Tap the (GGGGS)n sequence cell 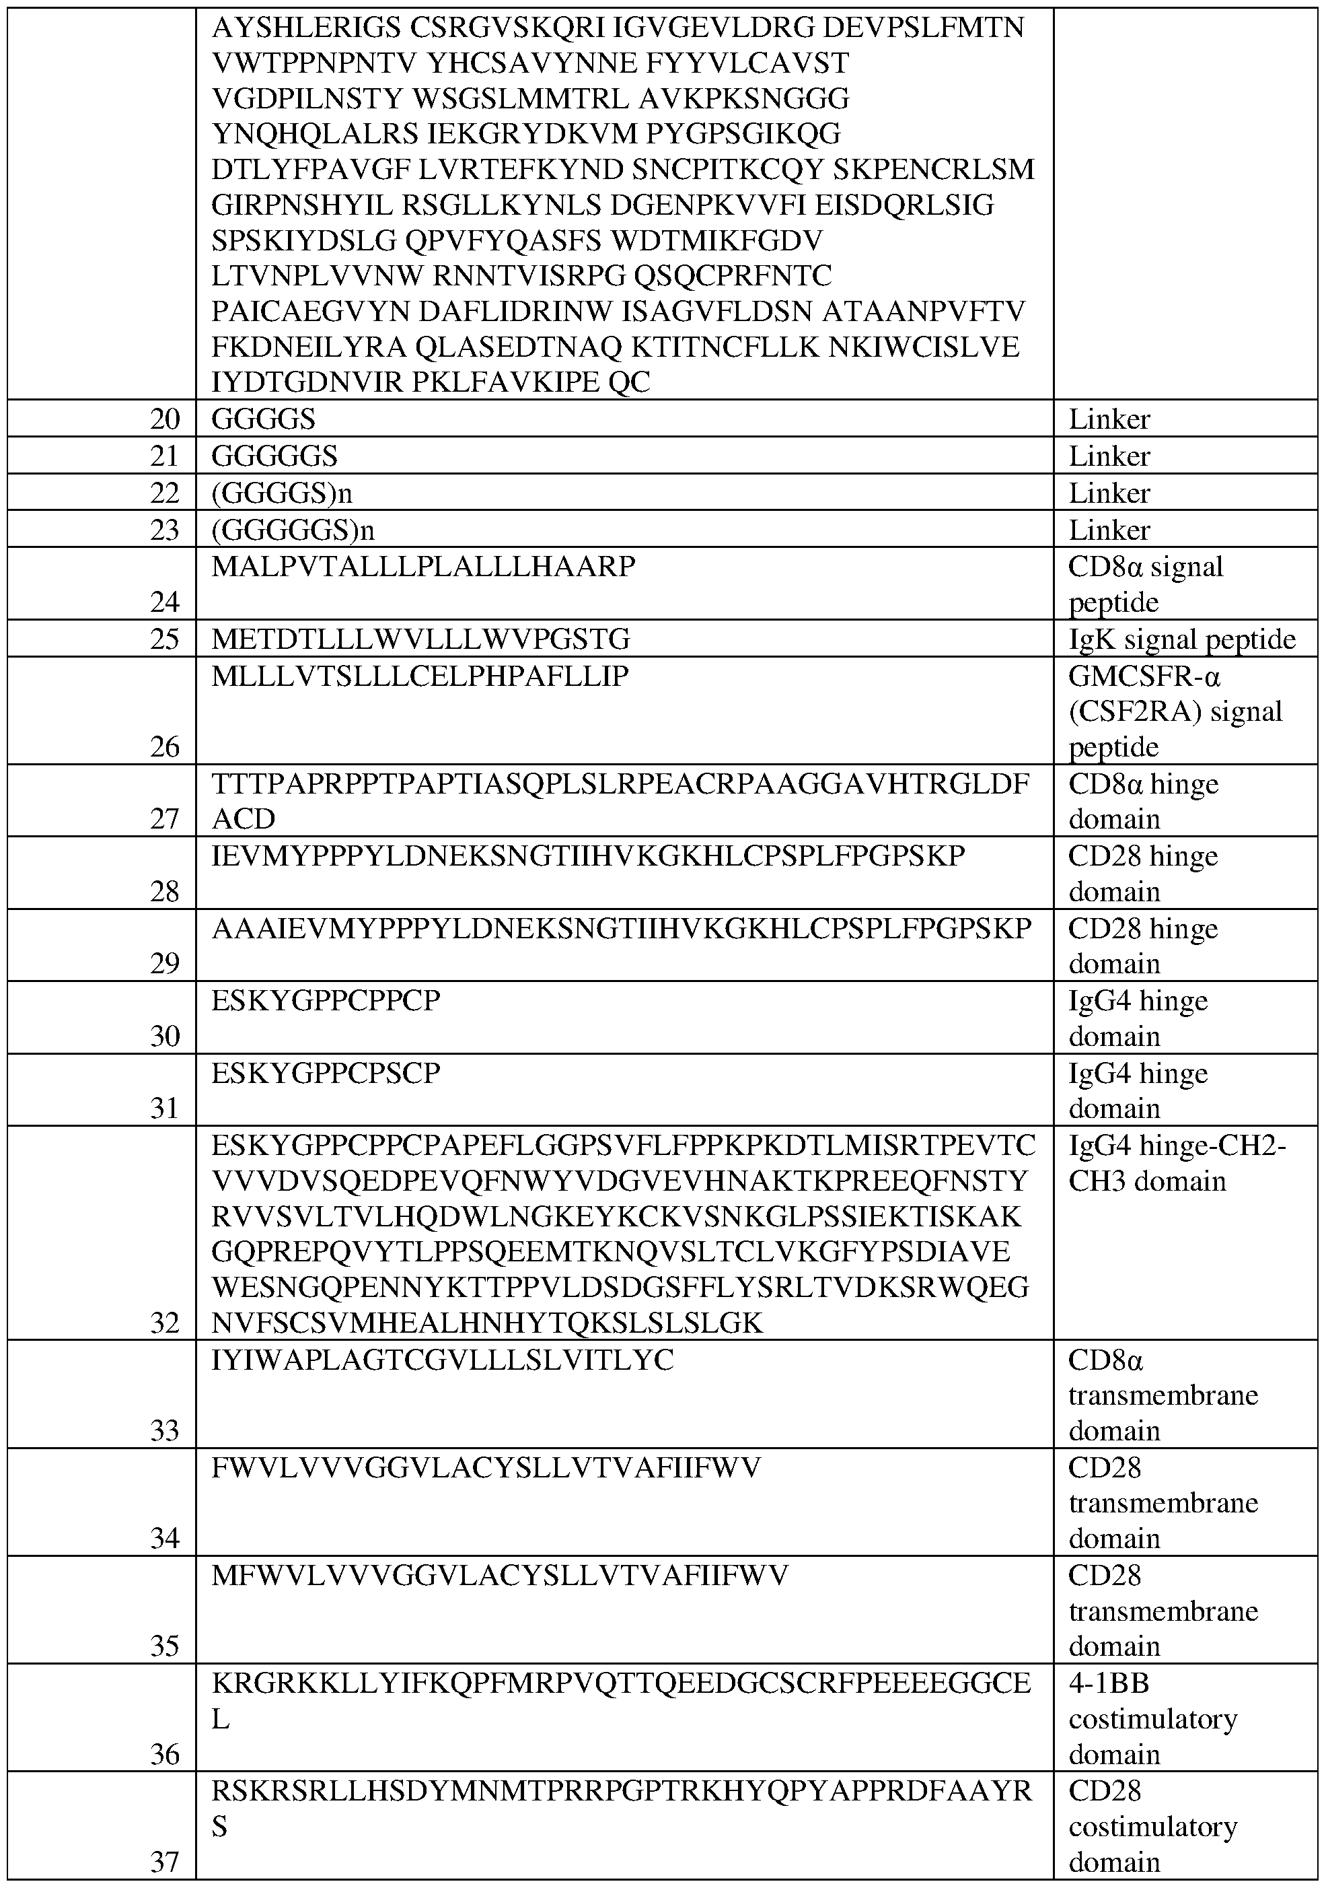point(282,493)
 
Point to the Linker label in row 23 point(1109,530)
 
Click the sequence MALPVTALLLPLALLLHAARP point(423,567)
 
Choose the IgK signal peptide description point(1181,639)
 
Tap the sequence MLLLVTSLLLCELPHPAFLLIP point(420,676)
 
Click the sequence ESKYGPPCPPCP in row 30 point(326,1001)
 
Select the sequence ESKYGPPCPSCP point(326,1073)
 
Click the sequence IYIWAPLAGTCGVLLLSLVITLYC point(442,1360)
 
